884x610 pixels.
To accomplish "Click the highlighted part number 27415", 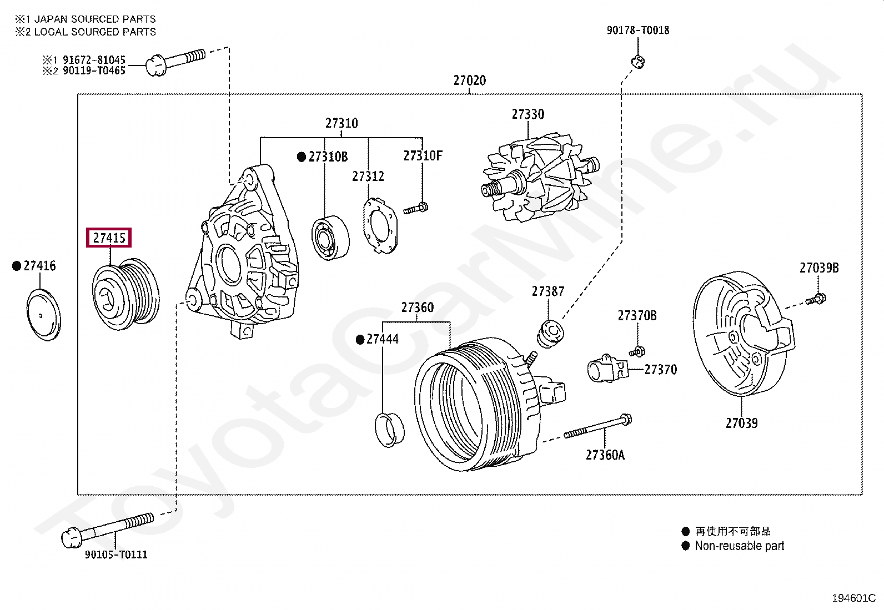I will point(109,238).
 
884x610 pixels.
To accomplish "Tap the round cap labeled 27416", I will point(43,315).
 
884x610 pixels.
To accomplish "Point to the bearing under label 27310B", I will point(330,238).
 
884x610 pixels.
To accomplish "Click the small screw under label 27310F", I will point(415,209).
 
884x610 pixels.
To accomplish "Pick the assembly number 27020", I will point(469,80).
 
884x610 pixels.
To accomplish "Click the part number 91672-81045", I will point(94,59).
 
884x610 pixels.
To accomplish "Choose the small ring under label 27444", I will point(390,430).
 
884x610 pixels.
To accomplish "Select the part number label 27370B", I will point(637,316).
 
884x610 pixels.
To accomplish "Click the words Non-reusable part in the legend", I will point(739,546).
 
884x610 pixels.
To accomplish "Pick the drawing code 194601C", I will point(853,598).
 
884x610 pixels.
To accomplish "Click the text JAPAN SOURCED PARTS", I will point(95,19).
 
